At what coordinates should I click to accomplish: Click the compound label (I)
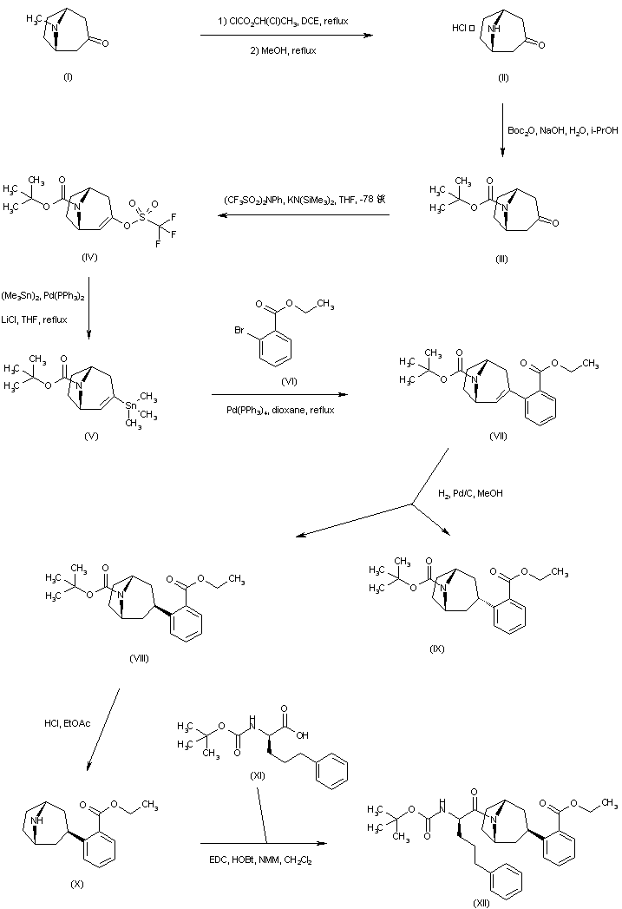[69, 78]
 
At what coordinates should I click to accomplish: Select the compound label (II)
[503, 78]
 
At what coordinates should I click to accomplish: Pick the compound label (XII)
[481, 902]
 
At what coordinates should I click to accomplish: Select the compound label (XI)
[258, 748]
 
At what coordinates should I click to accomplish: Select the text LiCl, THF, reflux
[36, 319]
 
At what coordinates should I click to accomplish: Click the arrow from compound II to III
[501, 130]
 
